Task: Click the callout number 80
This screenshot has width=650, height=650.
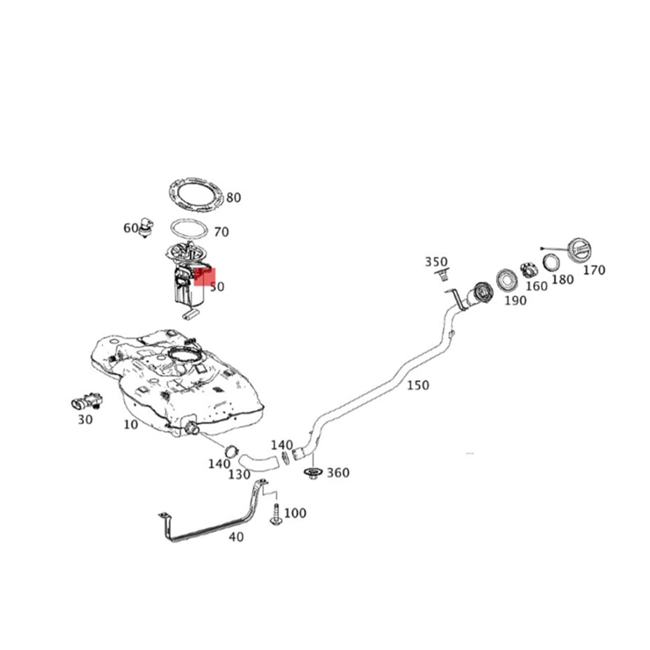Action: [x=234, y=198]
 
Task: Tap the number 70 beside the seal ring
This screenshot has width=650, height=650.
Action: [x=221, y=232]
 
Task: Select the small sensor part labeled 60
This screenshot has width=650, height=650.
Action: [x=146, y=228]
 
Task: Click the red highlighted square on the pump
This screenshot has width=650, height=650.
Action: [x=205, y=276]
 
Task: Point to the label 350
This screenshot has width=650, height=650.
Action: [x=436, y=262]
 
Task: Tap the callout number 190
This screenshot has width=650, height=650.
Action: [x=515, y=301]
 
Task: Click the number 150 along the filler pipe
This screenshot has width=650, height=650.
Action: [x=418, y=385]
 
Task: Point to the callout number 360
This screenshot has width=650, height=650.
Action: [x=338, y=472]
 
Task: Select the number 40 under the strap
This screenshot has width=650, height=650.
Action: [x=236, y=537]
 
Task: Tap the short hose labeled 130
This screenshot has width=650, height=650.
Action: [x=258, y=463]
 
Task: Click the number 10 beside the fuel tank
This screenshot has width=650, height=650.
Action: [x=130, y=425]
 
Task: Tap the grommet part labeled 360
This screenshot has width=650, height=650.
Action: [x=313, y=473]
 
